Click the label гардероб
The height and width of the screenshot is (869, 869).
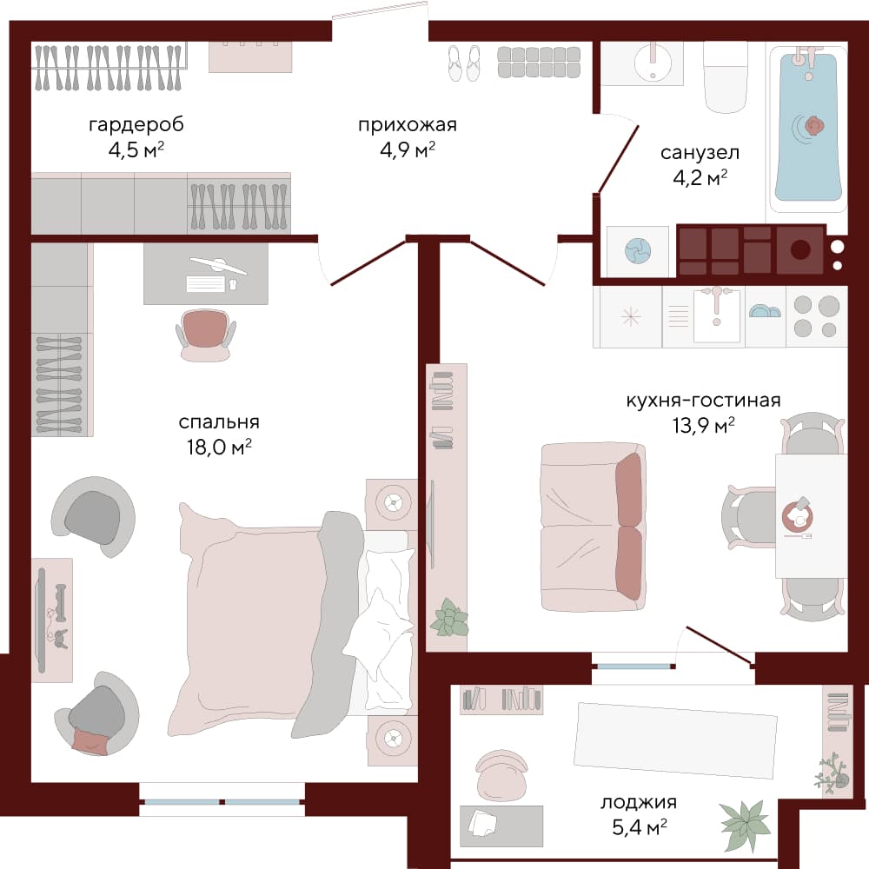pos(136,124)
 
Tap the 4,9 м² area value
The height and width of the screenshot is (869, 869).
pos(408,149)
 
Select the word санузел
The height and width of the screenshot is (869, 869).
pos(700,152)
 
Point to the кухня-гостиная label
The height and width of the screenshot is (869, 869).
pos(703,400)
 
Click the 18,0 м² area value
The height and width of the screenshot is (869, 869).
pos(219,447)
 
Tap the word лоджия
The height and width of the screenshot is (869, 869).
pos(639,802)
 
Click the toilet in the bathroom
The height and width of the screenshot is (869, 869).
pos(726,76)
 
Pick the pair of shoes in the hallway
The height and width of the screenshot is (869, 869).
pos(464,63)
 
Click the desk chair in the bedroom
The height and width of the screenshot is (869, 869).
pos(206,335)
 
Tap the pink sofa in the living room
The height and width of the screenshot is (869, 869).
pos(593,527)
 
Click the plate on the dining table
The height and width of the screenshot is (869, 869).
pos(798,516)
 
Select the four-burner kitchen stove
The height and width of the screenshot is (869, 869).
pos(816,316)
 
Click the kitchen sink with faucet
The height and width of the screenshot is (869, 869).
pos(717,315)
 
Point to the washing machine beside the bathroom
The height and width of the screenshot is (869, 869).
pos(638,251)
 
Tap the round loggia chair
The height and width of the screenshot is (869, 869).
pos(501,774)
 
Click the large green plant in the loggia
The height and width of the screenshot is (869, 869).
pos(745,826)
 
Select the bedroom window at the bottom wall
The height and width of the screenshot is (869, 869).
pos(222,801)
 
